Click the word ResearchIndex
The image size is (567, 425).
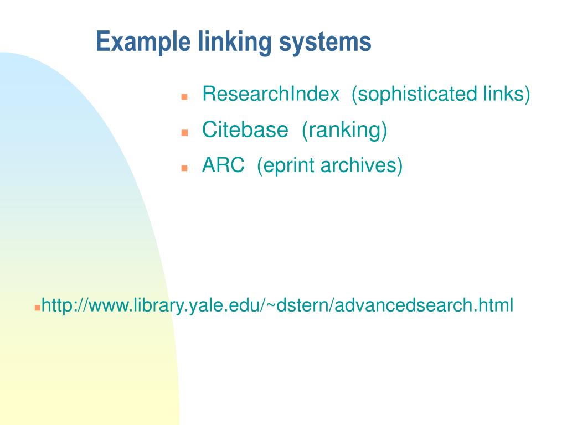(x=271, y=94)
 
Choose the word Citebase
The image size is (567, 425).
(x=245, y=130)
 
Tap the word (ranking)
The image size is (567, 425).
(x=344, y=130)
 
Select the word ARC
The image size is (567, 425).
(x=223, y=165)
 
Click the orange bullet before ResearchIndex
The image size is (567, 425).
(x=185, y=96)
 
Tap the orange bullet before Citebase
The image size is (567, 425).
(x=185, y=133)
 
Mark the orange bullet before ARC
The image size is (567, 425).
(x=185, y=168)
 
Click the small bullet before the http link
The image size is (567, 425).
(x=37, y=306)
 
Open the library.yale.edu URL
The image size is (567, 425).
(x=277, y=305)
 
